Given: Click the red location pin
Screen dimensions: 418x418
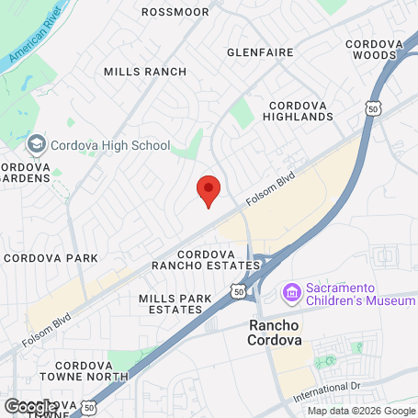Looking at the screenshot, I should point(209,190).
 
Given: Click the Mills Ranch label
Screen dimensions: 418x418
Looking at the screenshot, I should point(145,72).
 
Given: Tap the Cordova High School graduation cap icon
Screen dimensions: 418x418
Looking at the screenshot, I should point(36,144).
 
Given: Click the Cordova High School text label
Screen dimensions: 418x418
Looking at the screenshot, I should point(110,145).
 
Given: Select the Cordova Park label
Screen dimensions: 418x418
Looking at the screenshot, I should point(51,258).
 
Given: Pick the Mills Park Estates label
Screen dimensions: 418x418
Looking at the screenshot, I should point(170,304).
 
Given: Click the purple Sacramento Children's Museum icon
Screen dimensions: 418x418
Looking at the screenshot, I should point(292,294).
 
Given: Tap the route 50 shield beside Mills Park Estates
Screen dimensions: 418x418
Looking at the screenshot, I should point(238,291).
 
